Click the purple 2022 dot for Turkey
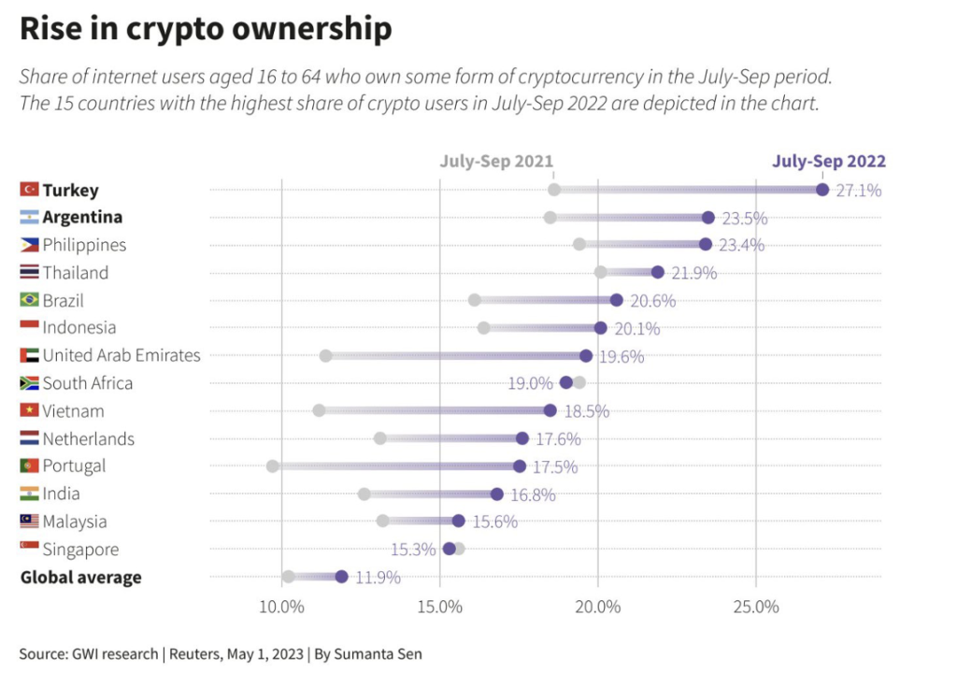[822, 190]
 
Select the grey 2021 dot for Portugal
[273, 466]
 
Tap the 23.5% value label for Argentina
[744, 218]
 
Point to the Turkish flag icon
[29, 190]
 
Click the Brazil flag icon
[29, 300]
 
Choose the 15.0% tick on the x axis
[439, 606]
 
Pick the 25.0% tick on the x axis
[756, 606]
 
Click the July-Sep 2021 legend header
[496, 161]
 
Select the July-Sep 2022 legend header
[828, 161]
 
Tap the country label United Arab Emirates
[121, 355]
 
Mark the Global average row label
[81, 577]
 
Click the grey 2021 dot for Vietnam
[319, 410]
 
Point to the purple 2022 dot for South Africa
[566, 382]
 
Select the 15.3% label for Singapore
[413, 549]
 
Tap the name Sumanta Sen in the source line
[381, 653]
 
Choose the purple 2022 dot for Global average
[341, 577]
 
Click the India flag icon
[29, 494]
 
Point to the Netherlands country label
[89, 438]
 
